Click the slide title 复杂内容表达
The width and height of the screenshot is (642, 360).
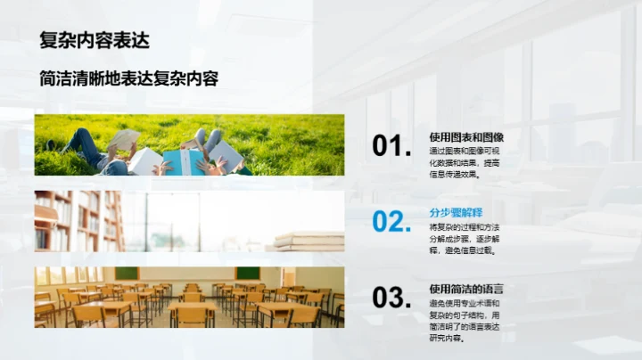point(95,41)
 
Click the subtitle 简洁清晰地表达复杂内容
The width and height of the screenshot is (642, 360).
point(129,78)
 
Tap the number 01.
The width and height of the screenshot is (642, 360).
point(391,146)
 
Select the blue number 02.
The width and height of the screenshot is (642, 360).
point(391,222)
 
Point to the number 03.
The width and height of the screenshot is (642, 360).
point(391,298)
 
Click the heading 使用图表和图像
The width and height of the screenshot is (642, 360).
point(466,137)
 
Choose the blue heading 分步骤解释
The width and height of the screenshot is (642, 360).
point(455,213)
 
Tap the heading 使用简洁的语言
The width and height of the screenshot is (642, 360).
point(466,289)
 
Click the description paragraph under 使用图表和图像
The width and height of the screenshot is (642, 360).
point(464,162)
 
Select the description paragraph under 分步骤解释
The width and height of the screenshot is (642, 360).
point(464,239)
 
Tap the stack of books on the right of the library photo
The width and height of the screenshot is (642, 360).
point(309,241)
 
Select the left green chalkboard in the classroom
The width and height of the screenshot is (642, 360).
point(127,273)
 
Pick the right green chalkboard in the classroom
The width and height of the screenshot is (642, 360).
point(248,273)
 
